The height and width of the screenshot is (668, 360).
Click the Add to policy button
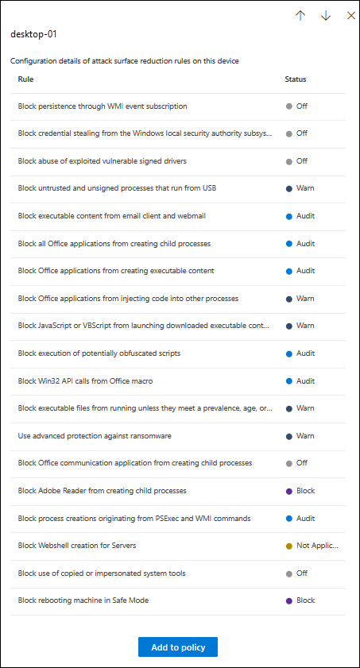(178, 647)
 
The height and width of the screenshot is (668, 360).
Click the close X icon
(351, 16)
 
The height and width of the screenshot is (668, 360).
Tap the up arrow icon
(300, 16)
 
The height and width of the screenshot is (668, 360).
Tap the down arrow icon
(326, 16)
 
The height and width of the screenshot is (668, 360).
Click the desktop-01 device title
(33, 35)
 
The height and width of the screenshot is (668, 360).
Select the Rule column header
(25, 79)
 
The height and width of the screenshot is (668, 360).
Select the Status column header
(296, 79)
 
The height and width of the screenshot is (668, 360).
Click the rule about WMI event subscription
(103, 106)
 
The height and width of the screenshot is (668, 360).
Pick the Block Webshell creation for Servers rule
(77, 546)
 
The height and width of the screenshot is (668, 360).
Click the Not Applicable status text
(317, 546)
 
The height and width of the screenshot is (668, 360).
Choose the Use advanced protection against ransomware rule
(95, 436)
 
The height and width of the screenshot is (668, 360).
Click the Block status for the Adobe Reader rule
(305, 491)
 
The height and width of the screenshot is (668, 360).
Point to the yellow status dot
(288, 546)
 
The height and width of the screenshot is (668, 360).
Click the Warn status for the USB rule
(305, 188)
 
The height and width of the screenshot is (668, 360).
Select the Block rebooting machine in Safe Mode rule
(83, 600)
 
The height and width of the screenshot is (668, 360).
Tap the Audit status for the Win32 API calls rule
(305, 380)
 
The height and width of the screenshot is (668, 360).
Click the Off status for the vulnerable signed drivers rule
(302, 161)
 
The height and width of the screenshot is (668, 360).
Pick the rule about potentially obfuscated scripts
(99, 353)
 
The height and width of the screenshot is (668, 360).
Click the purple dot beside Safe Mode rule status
(288, 600)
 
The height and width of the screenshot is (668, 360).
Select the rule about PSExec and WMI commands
(134, 519)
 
